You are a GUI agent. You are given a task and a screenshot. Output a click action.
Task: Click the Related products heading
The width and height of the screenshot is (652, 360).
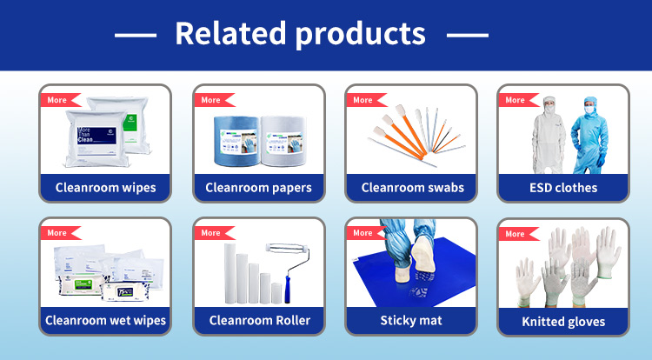click(300, 33)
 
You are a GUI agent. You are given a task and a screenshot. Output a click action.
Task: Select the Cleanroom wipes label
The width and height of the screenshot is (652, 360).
click(105, 187)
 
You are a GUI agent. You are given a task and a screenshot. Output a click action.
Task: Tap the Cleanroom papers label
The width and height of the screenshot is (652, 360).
click(258, 187)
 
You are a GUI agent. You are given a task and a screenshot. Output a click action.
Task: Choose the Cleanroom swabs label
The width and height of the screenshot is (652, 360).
click(412, 187)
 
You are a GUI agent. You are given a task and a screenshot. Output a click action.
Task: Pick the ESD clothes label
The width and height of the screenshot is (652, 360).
click(563, 187)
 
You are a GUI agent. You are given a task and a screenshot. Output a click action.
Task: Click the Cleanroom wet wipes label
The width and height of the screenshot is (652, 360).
click(105, 320)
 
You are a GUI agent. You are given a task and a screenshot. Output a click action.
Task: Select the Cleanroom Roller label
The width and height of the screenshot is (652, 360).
click(258, 320)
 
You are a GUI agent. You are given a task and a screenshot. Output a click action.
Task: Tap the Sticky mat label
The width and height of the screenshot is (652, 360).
click(411, 320)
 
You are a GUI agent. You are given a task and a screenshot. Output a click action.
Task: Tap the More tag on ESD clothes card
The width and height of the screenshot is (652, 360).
click(515, 100)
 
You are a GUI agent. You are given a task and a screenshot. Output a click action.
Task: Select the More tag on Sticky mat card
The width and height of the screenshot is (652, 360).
click(363, 233)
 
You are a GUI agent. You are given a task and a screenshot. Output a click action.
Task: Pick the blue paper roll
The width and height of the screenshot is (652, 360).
click(235, 138)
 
